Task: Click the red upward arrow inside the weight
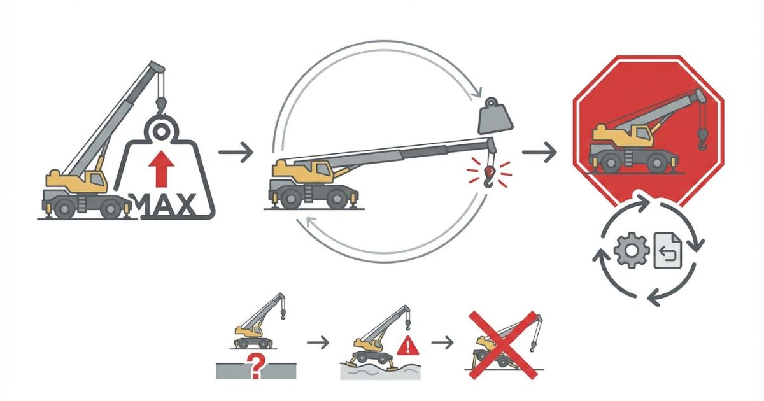[161, 169]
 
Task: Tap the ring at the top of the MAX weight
[161, 131]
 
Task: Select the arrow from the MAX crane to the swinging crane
[236, 152]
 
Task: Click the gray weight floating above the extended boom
[495, 117]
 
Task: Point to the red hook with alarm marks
[490, 177]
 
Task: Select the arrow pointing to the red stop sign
[539, 152]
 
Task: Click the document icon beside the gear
[667, 251]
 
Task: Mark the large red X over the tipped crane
[503, 345]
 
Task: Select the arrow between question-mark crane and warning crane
[318, 342]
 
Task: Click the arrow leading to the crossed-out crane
[442, 342]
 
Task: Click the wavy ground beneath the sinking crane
[380, 372]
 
